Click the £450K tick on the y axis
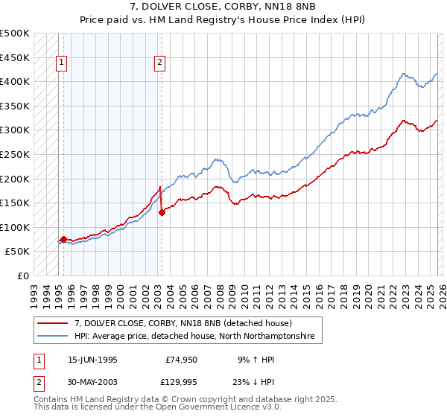(16, 57)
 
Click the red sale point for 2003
(162, 212)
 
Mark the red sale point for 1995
(63, 239)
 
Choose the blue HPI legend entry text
(194, 337)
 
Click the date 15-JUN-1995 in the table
(92, 359)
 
